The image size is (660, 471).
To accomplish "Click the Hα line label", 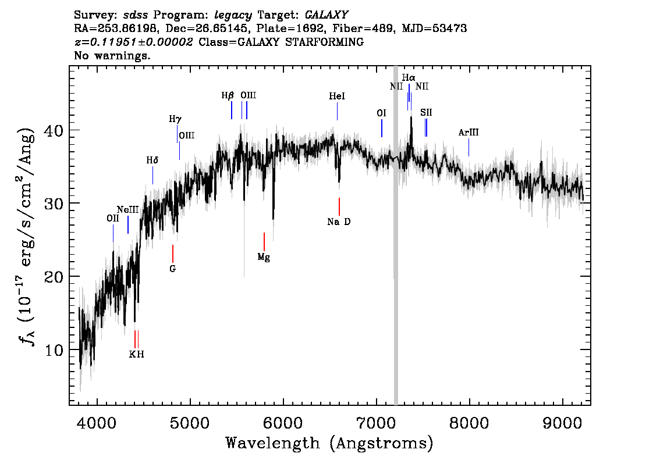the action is coord(409,78).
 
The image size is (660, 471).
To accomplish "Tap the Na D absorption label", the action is coord(339,222).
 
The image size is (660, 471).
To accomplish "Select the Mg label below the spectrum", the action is coord(264,257).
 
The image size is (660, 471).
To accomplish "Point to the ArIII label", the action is coord(469,133).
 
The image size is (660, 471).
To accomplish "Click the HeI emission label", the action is coord(337,97).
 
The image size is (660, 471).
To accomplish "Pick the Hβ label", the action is coord(228,96).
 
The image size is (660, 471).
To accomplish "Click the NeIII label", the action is coord(127,210).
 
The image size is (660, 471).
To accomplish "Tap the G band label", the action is coord(173,269).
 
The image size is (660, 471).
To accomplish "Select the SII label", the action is coord(426,112).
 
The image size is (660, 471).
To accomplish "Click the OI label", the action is coord(381,113).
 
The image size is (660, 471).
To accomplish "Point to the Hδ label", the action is coord(152,160).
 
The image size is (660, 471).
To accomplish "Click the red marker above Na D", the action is coord(339,206).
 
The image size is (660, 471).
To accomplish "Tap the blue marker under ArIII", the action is coord(469,147).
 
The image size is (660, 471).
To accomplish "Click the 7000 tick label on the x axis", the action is coord(376,423).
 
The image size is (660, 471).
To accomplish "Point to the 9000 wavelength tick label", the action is coord(562,423).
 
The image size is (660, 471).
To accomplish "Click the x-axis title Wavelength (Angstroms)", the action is coord(329,443).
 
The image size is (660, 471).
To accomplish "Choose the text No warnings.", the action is coord(112,55).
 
